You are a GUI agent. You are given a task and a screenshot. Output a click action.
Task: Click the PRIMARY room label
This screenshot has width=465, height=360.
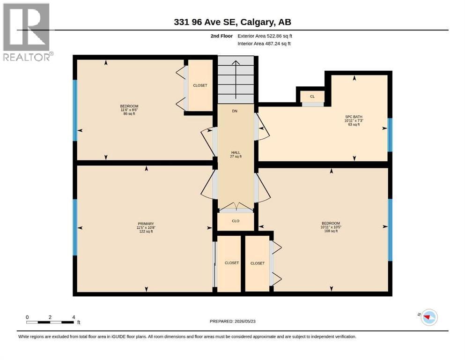coord(146,224)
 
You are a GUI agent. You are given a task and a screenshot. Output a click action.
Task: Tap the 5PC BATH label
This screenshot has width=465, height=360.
coord(354,117)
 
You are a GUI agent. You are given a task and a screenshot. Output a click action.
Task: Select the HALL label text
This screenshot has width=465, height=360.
coord(236,152)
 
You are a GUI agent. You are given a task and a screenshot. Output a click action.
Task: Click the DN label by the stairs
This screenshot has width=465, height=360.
coord(235,111)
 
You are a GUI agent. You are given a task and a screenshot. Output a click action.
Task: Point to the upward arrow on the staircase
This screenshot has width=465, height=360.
coord(236,80)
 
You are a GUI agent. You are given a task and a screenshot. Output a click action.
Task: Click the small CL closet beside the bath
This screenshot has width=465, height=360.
coord(312,97)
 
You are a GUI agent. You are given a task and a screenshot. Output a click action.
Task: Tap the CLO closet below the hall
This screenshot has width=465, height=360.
coord(236,221)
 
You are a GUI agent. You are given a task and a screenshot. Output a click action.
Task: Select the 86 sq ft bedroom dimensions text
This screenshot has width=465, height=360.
coord(129,110)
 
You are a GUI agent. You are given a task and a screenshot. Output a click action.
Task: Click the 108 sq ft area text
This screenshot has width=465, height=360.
coord(331,231)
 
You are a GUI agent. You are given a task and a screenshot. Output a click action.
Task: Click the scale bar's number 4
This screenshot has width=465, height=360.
coord(74,317)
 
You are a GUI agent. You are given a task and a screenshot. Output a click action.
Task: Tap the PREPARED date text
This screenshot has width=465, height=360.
coord(232,321)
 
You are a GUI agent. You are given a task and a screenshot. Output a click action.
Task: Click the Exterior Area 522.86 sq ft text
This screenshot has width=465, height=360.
coord(265,36)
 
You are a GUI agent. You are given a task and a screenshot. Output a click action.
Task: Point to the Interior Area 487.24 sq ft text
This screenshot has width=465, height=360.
coord(264,44)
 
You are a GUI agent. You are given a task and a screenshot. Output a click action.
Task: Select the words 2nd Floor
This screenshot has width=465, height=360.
coord(221,36)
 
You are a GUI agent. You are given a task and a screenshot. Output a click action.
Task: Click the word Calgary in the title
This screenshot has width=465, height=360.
coord(257,22)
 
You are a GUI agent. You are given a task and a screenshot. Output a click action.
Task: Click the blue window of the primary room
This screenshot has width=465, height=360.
coord(75,227)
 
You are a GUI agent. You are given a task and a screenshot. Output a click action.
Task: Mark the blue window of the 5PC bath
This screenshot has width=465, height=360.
coord(390,135)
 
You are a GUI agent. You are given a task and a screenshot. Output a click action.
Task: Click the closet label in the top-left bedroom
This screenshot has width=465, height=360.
coord(200,85)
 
